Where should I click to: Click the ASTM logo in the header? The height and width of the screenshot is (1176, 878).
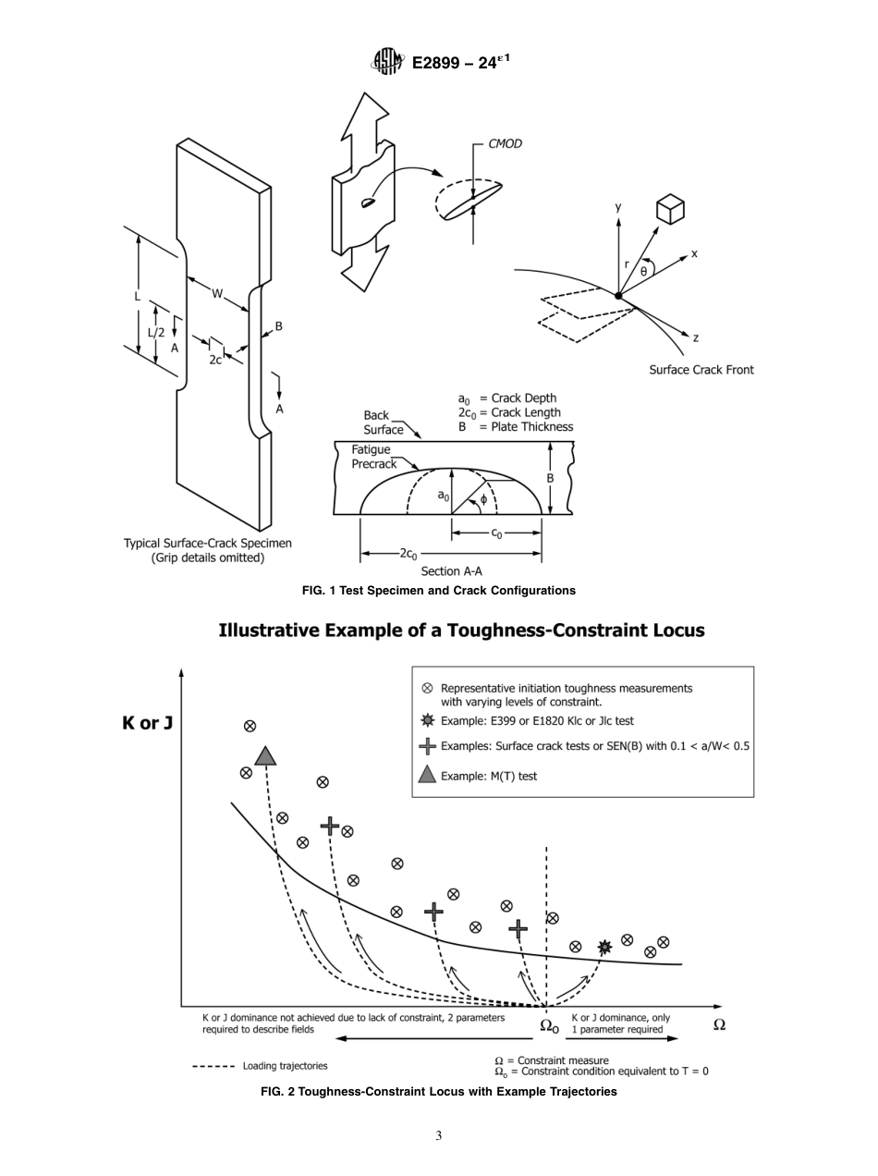tap(387, 62)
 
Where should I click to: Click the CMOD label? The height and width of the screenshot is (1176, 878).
tap(505, 144)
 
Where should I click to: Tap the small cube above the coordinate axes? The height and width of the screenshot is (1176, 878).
tap(669, 210)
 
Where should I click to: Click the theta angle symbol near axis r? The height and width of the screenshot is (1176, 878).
tap(643, 271)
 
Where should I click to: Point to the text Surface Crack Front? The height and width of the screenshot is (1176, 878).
tap(701, 370)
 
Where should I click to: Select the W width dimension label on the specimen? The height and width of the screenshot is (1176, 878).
tap(217, 294)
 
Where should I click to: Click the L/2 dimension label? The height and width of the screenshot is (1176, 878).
tap(157, 332)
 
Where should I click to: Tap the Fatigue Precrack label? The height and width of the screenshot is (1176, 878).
tap(373, 457)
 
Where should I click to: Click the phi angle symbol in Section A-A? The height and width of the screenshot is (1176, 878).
tap(483, 499)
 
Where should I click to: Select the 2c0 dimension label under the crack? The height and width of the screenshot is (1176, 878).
tap(408, 553)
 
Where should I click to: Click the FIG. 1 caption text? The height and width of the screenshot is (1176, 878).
tap(438, 591)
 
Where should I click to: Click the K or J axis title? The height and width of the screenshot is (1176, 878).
tap(147, 723)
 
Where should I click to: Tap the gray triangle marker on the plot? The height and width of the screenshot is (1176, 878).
tap(265, 757)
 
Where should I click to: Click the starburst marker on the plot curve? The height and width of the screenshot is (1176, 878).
tap(604, 947)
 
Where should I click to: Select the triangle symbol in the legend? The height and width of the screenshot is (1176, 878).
tap(427, 776)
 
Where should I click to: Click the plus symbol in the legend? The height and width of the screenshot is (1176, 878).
tap(427, 746)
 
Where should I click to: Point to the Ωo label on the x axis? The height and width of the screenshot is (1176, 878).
tap(549, 1025)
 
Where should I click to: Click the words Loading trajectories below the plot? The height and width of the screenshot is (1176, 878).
tap(285, 1066)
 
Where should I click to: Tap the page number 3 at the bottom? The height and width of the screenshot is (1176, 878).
tap(439, 1136)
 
